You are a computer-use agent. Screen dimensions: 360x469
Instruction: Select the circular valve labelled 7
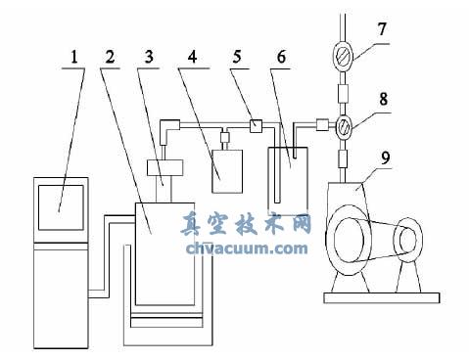343,58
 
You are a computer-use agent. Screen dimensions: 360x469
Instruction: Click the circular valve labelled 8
343,125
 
